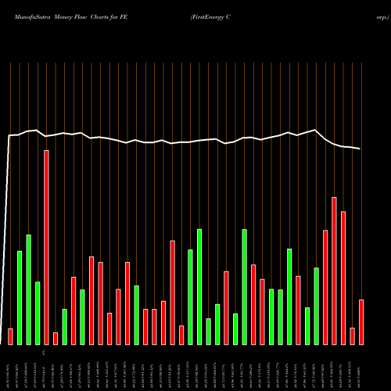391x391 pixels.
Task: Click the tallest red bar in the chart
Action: click(x=46, y=247)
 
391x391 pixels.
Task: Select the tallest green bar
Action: click(x=29, y=289)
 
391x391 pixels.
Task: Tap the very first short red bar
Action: click(x=10, y=336)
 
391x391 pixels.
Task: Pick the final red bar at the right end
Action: click(x=361, y=321)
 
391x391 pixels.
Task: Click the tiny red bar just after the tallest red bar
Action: click(x=56, y=338)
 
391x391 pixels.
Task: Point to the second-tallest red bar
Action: click(x=334, y=271)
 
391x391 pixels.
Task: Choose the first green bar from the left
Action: click(x=20, y=297)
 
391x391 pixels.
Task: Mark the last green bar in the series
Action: click(x=316, y=306)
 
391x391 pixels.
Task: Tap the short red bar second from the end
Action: click(x=353, y=335)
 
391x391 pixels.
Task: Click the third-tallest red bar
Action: click(x=343, y=278)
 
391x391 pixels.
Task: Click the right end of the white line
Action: click(x=361, y=149)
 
